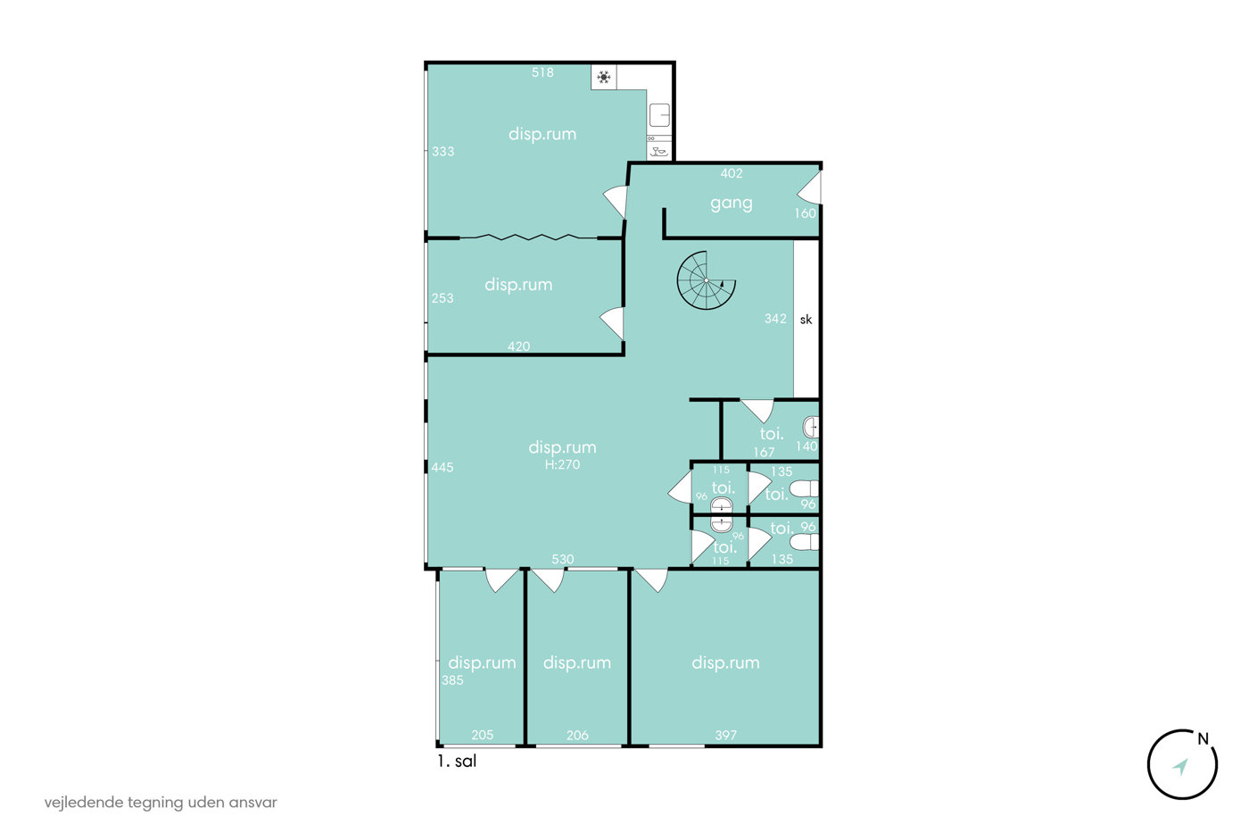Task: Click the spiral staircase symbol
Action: [706, 280]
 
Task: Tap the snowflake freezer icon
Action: [604, 77]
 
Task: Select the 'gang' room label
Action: [731, 204]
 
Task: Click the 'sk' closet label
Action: [806, 319]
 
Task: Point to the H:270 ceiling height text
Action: [562, 464]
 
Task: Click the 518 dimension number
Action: [542, 72]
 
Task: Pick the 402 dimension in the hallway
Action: [731, 173]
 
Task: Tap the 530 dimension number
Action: [563, 559]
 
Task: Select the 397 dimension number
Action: [725, 736]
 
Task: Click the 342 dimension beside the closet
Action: [775, 319]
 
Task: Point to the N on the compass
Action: [1203, 739]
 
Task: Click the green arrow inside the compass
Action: [1180, 767]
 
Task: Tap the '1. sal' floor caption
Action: [457, 762]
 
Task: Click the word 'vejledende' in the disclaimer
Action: [84, 803]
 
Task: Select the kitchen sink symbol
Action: [659, 115]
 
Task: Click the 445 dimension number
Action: [443, 468]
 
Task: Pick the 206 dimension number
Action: [577, 736]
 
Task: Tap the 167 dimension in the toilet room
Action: [764, 453]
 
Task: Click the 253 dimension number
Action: [443, 298]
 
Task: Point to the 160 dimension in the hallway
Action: [805, 213]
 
